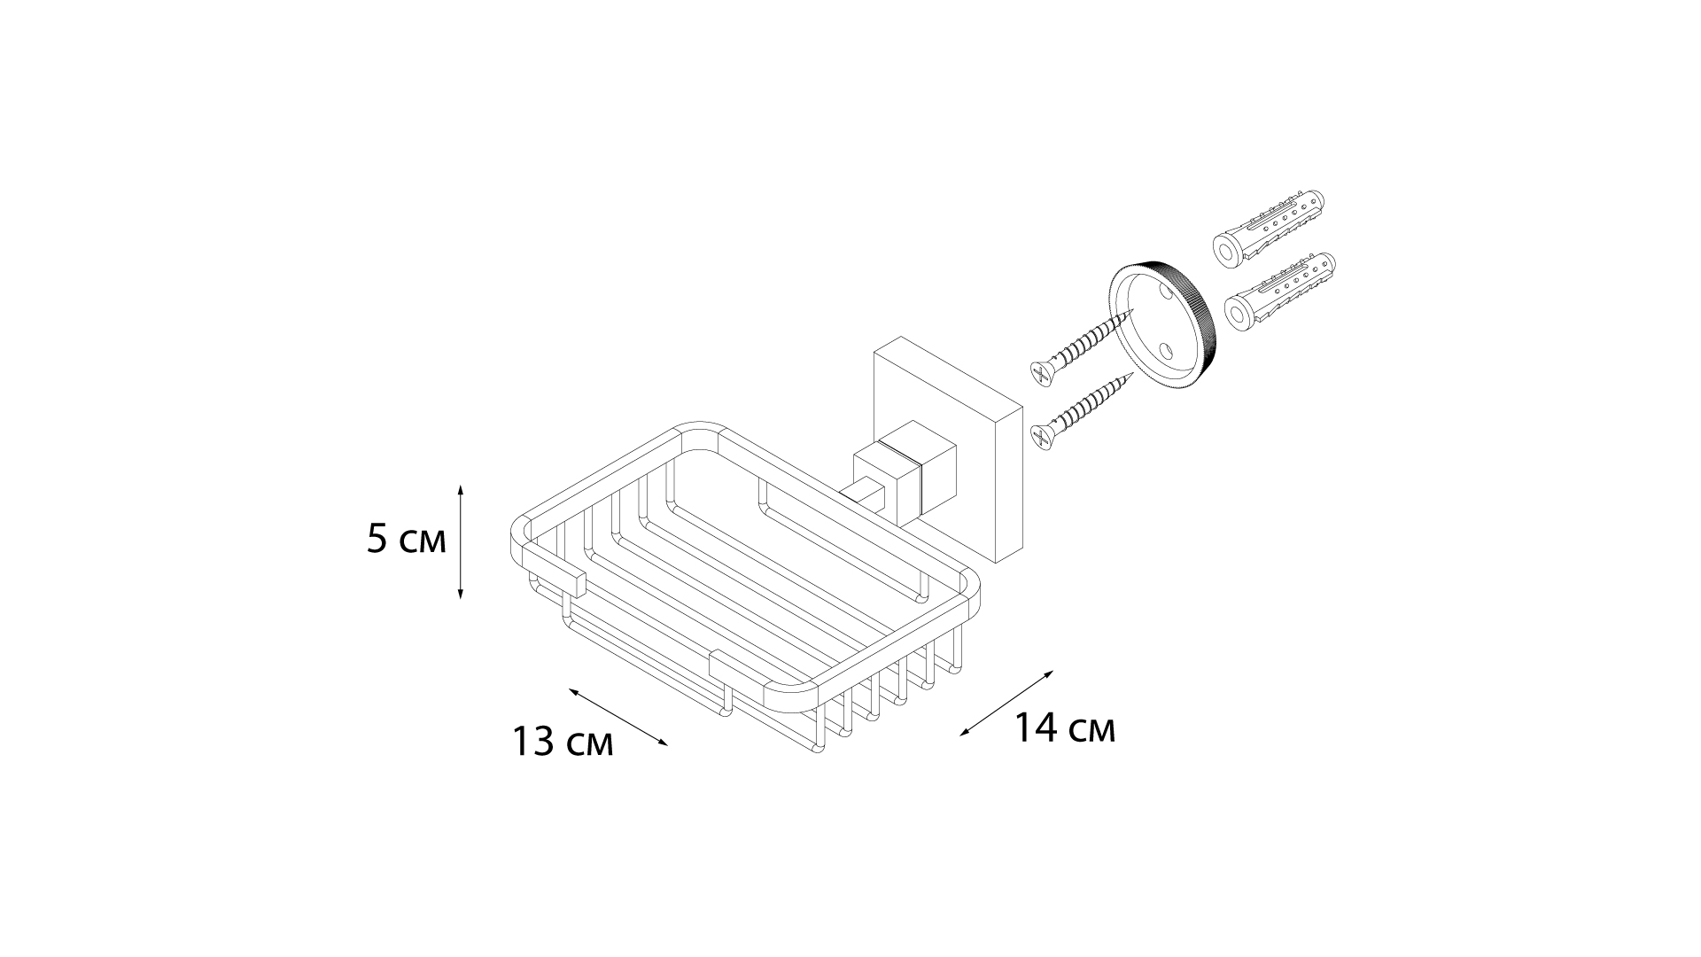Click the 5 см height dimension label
pos(407,540)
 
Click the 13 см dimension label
pos(563,741)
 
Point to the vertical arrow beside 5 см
pos(461,541)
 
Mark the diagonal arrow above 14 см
pos(1007,704)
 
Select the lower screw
pos(1084,410)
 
